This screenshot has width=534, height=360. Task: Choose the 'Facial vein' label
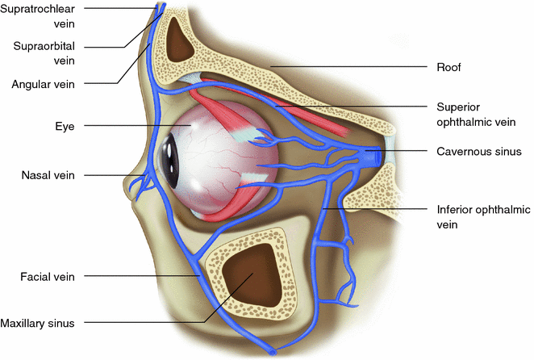[48, 276]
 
